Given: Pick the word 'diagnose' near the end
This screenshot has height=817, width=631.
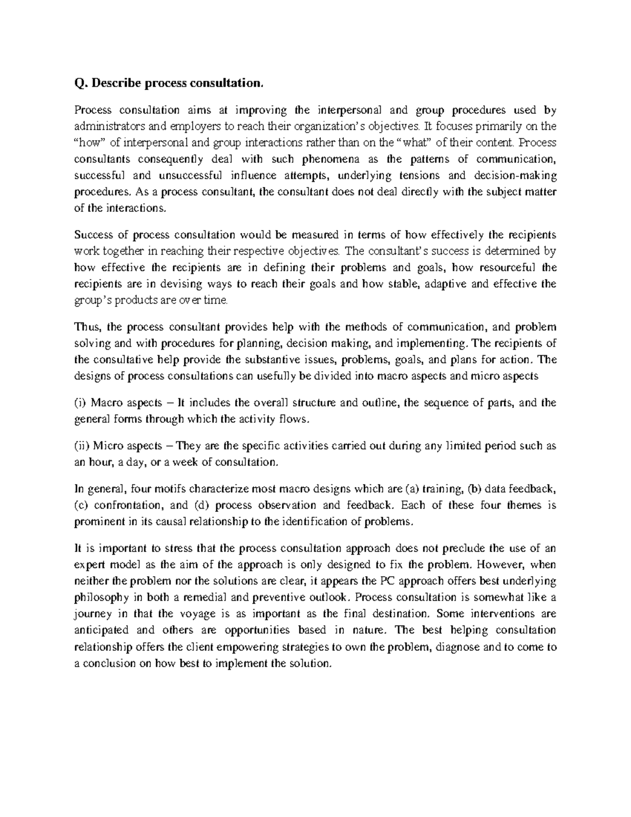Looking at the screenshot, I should pyautogui.click(x=460, y=647).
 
